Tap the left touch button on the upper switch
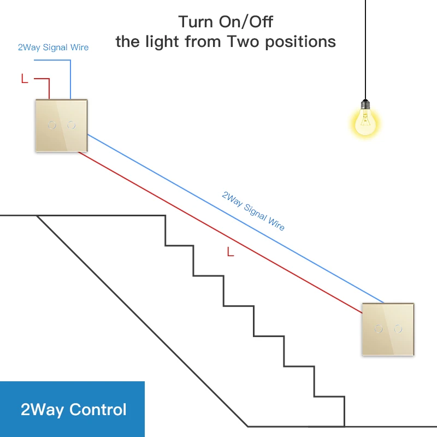point(52,125)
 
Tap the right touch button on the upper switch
point(71,125)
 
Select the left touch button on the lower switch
point(377,329)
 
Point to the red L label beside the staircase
point(230,252)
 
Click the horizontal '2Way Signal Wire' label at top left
point(53,48)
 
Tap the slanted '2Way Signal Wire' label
point(253,210)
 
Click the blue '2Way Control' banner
point(72,409)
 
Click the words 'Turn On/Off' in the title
point(226,22)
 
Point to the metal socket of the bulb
point(365,104)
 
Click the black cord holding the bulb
point(365,49)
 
